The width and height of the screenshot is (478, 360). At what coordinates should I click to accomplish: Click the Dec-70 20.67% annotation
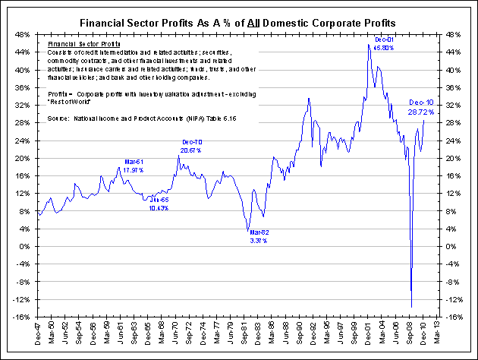pyautogui.click(x=191, y=147)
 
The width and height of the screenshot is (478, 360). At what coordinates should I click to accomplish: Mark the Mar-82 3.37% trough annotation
pyautogui.click(x=259, y=235)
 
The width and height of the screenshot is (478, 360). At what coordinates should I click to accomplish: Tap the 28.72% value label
pyautogui.click(x=421, y=112)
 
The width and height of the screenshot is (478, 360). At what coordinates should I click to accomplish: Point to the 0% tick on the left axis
pyautogui.click(x=26, y=247)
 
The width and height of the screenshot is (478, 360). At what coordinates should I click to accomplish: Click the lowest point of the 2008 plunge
pyautogui.click(x=411, y=306)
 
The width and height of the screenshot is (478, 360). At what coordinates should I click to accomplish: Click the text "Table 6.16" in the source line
pyautogui.click(x=217, y=118)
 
